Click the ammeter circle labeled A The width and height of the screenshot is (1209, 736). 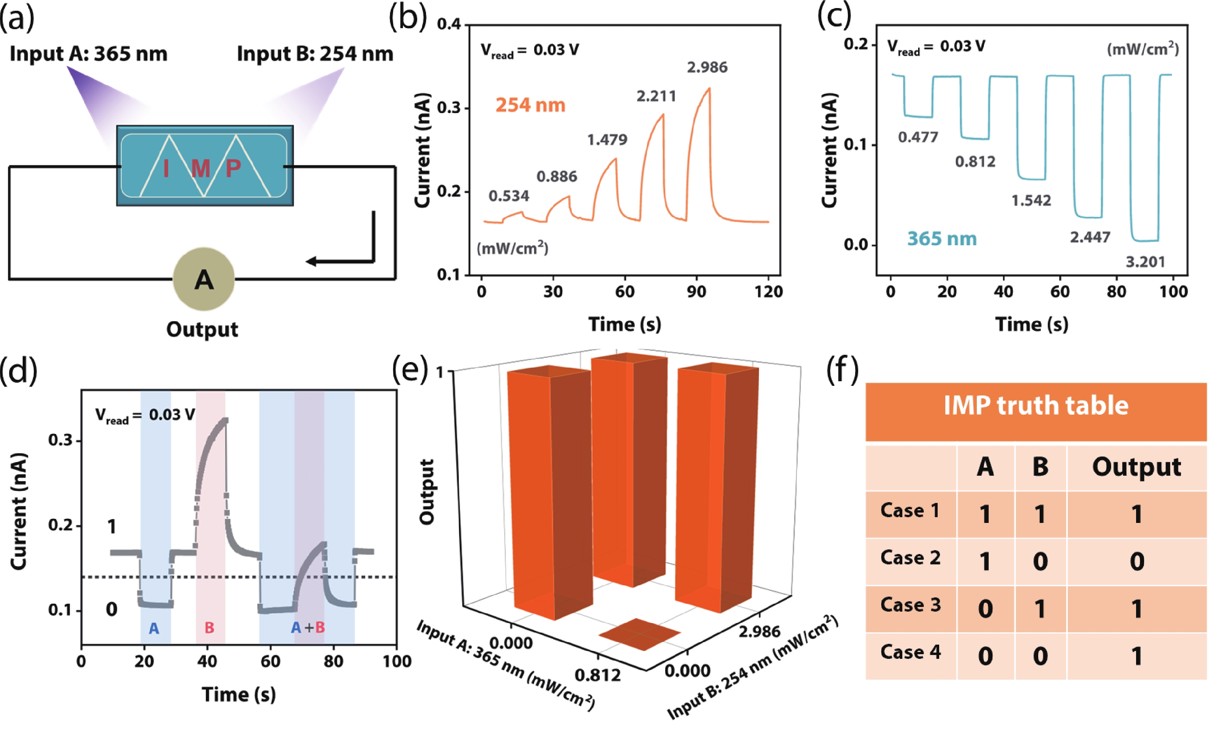(x=204, y=279)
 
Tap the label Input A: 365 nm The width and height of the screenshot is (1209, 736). (x=89, y=53)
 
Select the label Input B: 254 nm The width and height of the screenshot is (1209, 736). (x=315, y=53)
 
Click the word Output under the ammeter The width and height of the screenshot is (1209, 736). (x=202, y=329)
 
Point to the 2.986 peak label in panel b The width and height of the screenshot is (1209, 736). (x=707, y=67)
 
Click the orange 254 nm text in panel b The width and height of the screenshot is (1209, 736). (x=530, y=105)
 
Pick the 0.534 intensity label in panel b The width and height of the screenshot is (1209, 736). (x=509, y=196)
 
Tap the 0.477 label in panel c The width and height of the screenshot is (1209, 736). (x=918, y=137)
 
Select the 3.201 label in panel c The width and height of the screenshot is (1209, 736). (x=1145, y=262)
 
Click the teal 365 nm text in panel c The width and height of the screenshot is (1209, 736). (x=941, y=239)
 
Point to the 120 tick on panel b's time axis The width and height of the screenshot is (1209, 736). (x=768, y=292)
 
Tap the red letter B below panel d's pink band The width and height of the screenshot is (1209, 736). (x=210, y=628)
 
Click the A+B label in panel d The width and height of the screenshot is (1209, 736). (x=308, y=628)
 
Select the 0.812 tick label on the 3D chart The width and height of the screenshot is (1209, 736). (x=598, y=675)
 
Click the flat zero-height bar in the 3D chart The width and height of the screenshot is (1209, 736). (x=639, y=634)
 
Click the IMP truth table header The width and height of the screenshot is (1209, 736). (x=1036, y=406)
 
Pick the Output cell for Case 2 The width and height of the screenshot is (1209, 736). (x=1136, y=561)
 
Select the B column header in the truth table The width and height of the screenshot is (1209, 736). (x=1040, y=466)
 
